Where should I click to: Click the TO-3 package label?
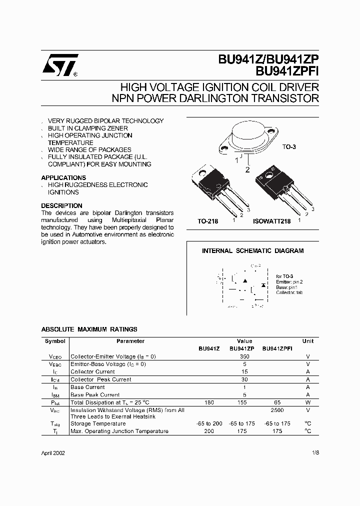coord(289,147)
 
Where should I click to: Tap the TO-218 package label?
coord(208,220)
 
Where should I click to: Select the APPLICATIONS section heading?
coord(63,177)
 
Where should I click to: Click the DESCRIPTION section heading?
coord(61,205)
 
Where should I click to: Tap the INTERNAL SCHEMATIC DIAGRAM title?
coord(252,251)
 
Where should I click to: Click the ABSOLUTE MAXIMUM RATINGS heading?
coord(89,329)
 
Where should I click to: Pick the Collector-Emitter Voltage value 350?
coord(244,356)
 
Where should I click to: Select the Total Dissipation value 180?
coord(209,402)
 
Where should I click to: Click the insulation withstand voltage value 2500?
coord(277,410)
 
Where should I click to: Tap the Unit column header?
coord(308,341)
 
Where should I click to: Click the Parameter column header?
coord(130,341)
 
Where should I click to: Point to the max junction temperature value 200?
coord(209,431)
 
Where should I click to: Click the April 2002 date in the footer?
coord(53,453)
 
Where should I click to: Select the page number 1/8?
coord(314,453)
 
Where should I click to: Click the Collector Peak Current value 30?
coord(244,379)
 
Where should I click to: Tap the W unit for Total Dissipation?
coord(308,402)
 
